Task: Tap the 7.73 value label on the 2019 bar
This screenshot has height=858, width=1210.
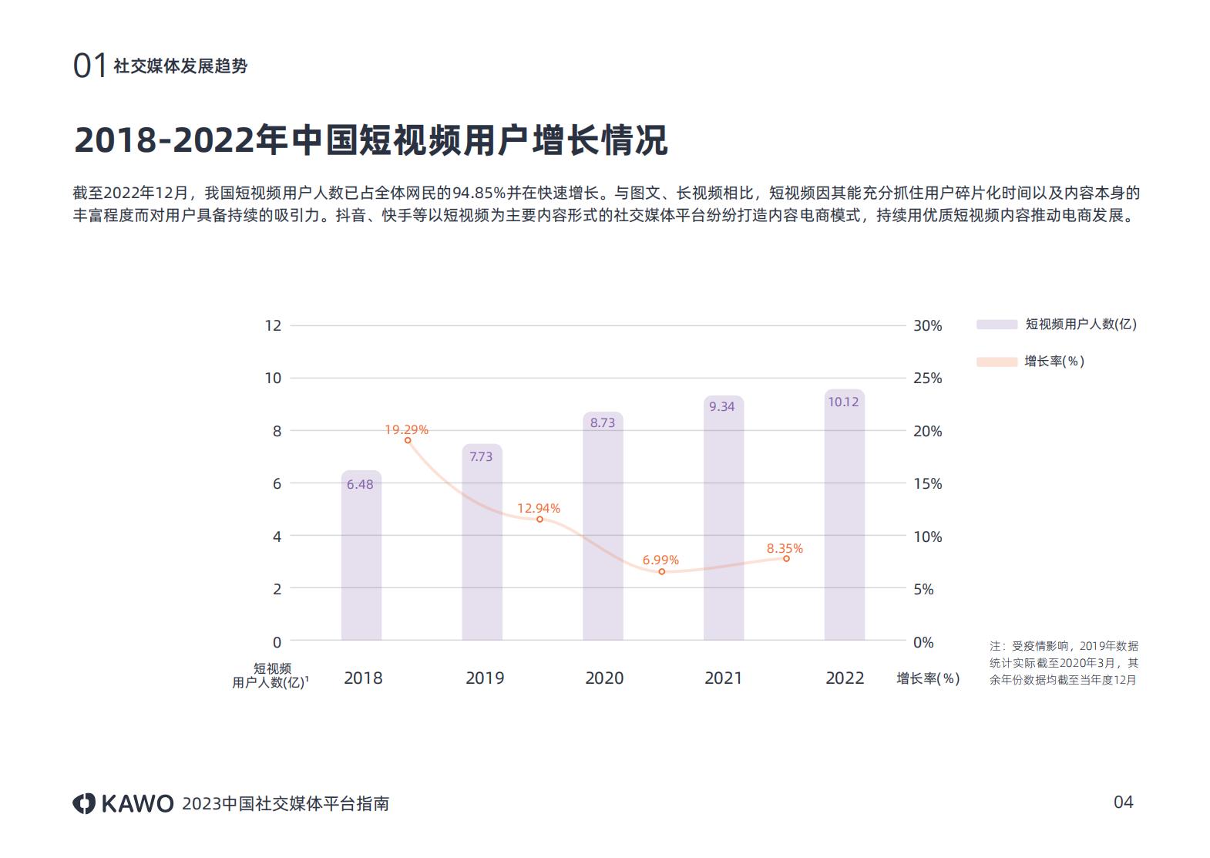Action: coord(481,456)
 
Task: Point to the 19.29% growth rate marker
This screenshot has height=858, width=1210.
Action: coord(408,440)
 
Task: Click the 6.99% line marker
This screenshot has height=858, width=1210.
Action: coord(661,572)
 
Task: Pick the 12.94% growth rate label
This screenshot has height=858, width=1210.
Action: coord(538,508)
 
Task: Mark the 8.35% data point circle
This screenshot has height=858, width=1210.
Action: coord(786,558)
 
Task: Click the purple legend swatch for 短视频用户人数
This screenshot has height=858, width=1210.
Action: coord(997,325)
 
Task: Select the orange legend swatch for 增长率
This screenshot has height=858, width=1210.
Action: coord(997,362)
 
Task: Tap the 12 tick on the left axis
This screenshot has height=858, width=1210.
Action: coord(273,325)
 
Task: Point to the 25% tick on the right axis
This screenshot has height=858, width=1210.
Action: coord(927,379)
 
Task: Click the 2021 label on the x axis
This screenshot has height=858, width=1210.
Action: coord(723,678)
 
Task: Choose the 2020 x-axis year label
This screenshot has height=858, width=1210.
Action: coord(603,678)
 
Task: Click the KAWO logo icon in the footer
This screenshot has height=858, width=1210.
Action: coord(83,803)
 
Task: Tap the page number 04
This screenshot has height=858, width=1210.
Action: coord(1123,802)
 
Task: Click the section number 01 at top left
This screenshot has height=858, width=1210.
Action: coord(89,66)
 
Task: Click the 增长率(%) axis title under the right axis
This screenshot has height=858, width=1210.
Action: coord(928,678)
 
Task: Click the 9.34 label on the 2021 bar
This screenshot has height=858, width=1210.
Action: coord(722,406)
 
